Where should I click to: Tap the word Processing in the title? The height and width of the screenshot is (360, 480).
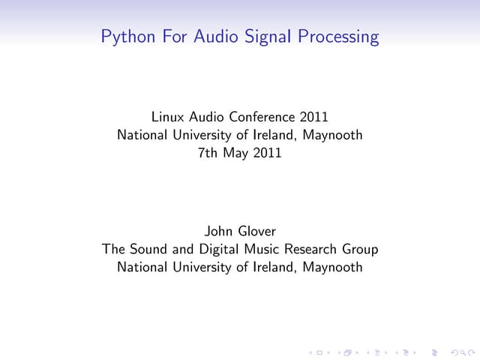pos(339,37)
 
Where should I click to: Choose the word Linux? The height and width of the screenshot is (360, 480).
pos(169,117)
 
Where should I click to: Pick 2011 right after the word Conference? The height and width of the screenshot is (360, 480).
pos(313,117)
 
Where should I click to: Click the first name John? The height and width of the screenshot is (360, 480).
pos(217,231)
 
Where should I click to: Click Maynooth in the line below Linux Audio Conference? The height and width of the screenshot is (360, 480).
pos(332,136)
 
